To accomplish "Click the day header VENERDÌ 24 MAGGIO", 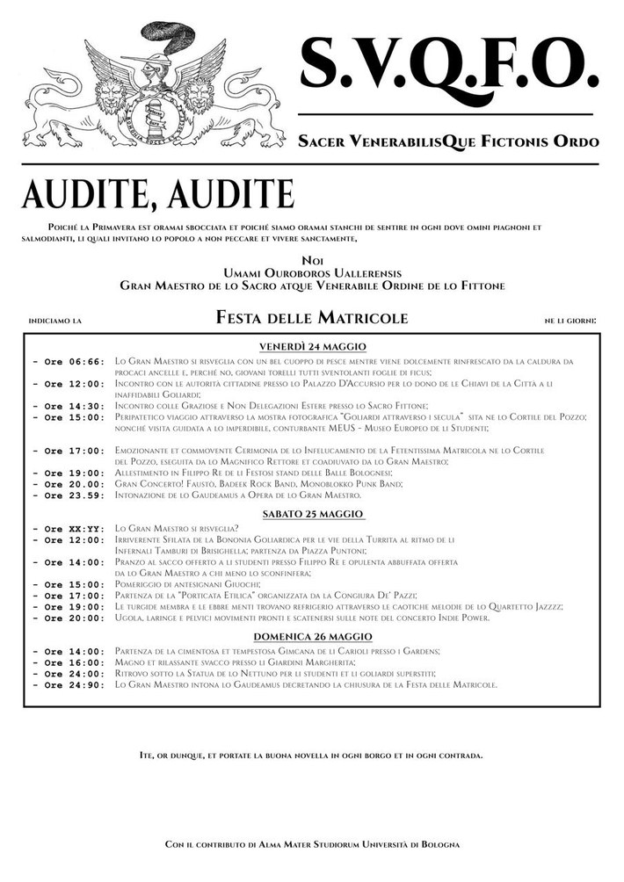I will point(312,346).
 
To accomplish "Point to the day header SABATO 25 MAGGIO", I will point(312,513).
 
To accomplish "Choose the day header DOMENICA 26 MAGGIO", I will point(312,635).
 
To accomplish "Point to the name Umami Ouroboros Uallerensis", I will point(312,273).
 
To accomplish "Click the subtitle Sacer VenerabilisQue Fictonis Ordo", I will point(448,141).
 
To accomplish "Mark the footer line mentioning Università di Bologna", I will point(312,844).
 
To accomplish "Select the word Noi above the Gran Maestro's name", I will point(312,261).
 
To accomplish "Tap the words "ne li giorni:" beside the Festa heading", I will point(570,321).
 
